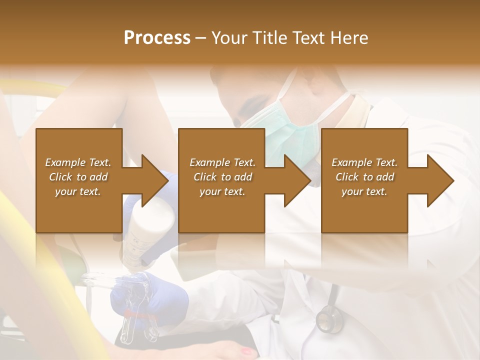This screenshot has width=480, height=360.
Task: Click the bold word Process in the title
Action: click(x=157, y=38)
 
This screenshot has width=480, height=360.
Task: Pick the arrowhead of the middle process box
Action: click(x=297, y=180)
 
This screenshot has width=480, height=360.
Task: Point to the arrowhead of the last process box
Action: click(x=440, y=180)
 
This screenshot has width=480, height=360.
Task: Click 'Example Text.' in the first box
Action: click(x=78, y=162)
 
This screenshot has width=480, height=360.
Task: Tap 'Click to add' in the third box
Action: click(x=364, y=177)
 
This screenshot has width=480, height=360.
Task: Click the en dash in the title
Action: click(x=201, y=38)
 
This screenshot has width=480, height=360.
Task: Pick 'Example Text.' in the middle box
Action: click(x=222, y=162)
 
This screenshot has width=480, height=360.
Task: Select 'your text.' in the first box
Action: click(x=78, y=191)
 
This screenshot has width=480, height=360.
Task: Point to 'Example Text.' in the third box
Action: click(x=364, y=162)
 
